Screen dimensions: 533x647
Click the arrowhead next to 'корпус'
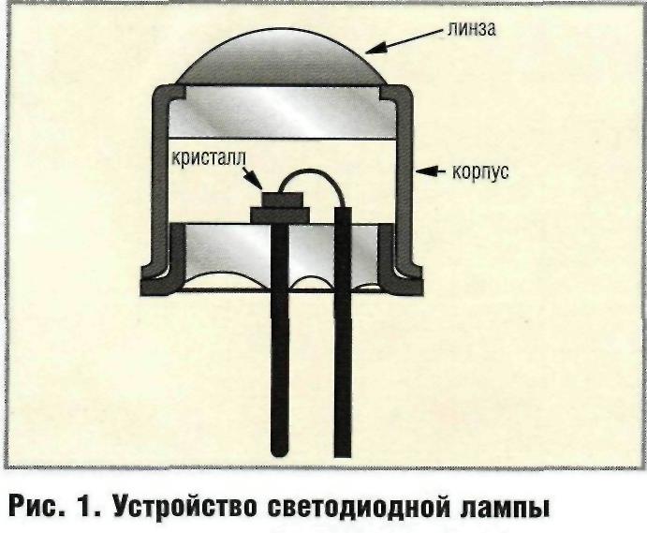point(422,171)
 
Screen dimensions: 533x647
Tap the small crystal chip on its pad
point(279,199)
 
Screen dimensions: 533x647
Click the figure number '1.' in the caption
point(95,510)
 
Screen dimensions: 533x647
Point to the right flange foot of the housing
point(406,280)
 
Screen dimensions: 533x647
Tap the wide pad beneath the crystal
point(278,215)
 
